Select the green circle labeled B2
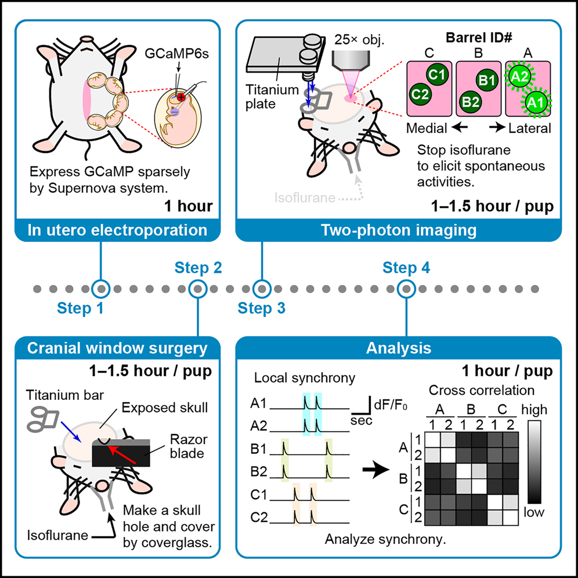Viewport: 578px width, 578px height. point(470,102)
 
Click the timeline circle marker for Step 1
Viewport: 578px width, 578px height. point(101,288)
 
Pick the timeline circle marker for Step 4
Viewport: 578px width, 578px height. point(406,288)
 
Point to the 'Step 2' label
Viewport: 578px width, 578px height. point(198,268)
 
